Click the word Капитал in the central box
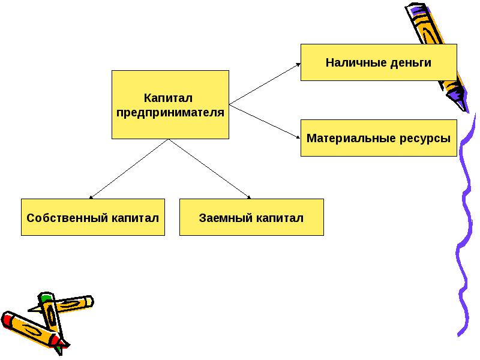[170, 97]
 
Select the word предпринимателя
[170, 112]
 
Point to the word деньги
[410, 62]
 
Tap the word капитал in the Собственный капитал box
[135, 217]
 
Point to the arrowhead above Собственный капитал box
[91, 196]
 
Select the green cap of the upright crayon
[46, 297]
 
